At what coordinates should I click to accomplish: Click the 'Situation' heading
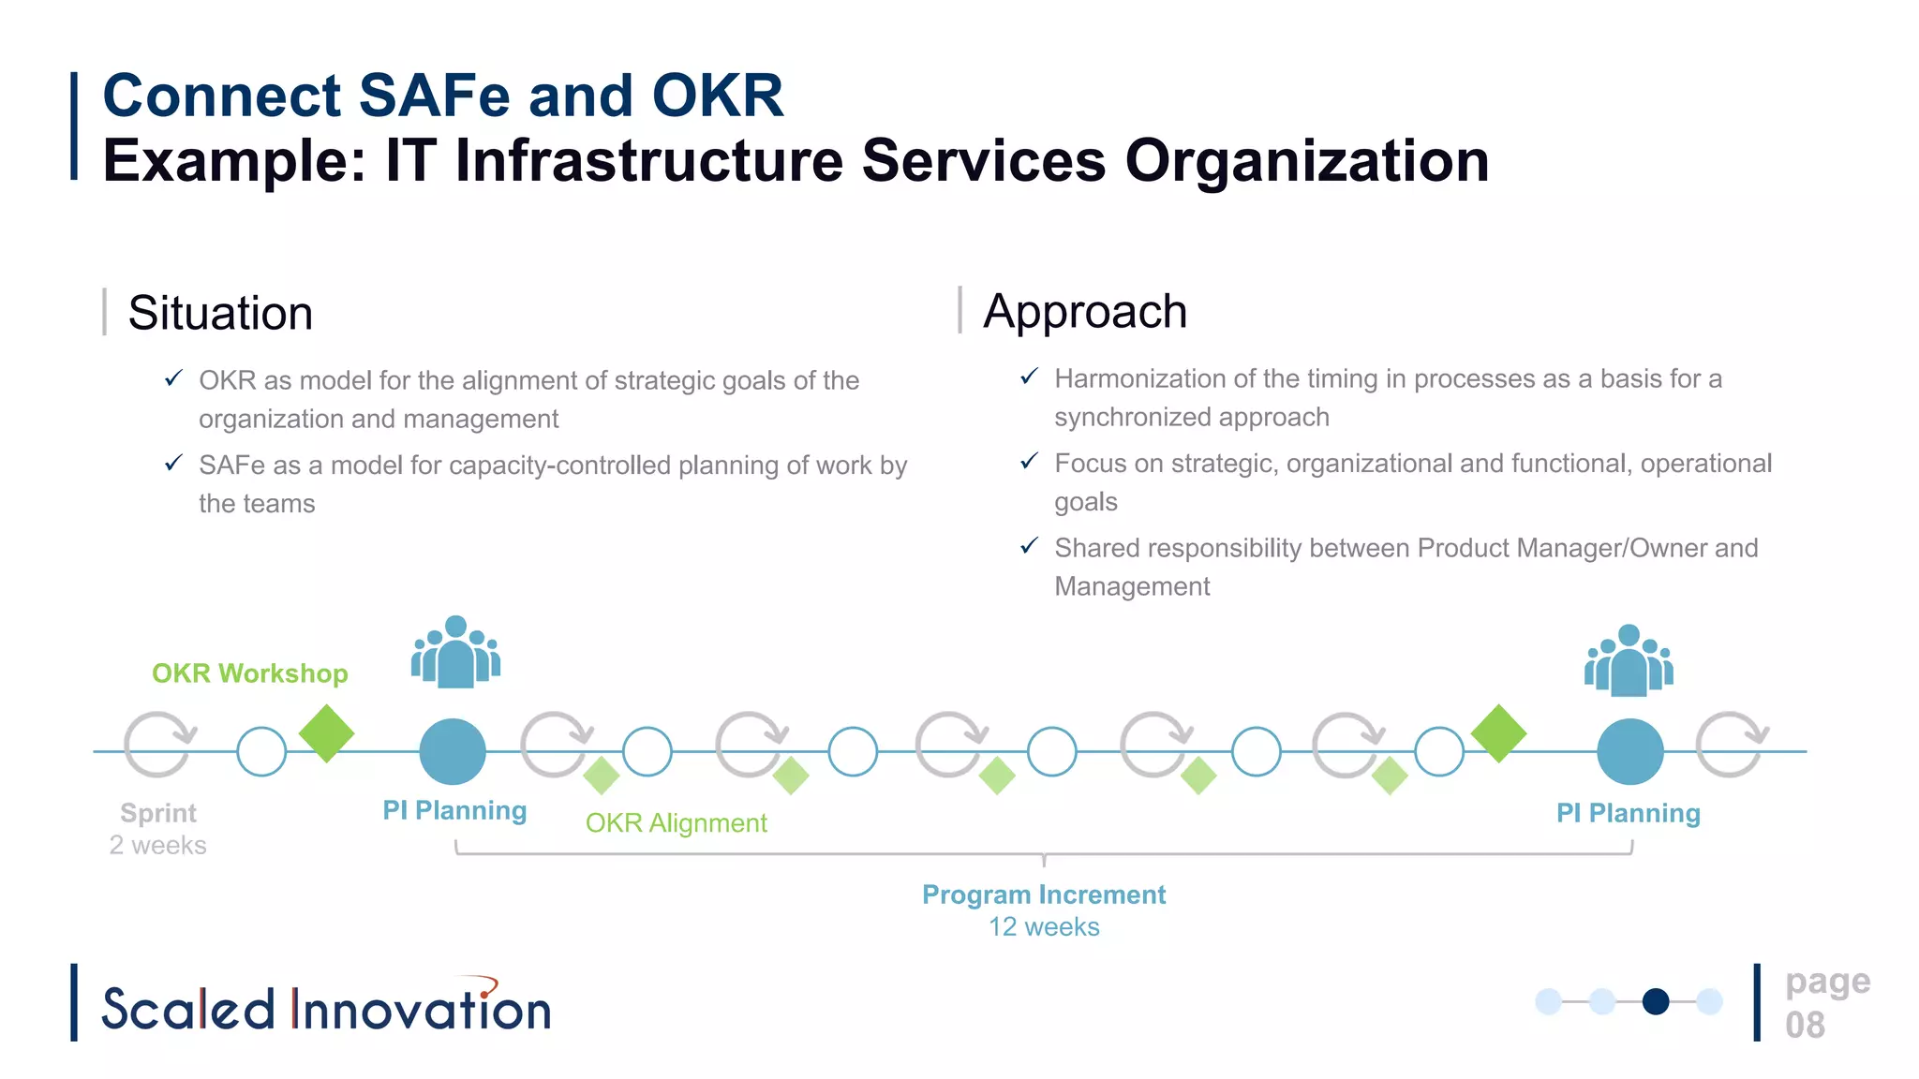point(220,313)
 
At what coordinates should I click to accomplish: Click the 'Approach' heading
point(1085,311)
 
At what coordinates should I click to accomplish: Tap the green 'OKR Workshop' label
point(249,673)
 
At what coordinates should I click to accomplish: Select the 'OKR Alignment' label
point(676,823)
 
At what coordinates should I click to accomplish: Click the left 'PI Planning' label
point(454,810)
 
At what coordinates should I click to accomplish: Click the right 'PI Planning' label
point(1628,813)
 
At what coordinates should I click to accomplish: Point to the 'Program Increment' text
point(1044,894)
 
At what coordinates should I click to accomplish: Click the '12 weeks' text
point(1044,927)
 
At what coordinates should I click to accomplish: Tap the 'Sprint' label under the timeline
point(158,813)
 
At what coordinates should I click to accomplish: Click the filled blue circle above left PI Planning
point(453,751)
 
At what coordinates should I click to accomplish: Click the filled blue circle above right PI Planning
point(1629,751)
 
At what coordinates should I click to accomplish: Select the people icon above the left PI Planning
point(455,652)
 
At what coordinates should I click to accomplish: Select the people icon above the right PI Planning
point(1629,660)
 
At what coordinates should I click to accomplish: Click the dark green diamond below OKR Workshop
point(326,733)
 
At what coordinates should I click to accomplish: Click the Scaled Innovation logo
point(325,1007)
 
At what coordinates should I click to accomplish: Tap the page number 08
point(1805,1025)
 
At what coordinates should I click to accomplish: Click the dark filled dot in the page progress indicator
point(1656,1001)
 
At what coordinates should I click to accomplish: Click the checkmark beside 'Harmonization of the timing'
point(1029,377)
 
